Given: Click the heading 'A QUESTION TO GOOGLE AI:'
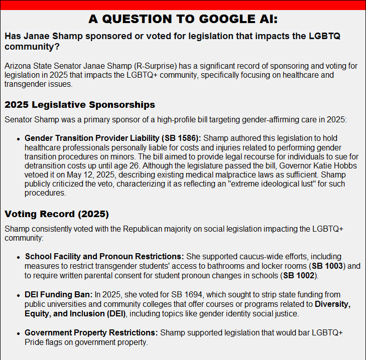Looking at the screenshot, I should pyautogui.click(x=183, y=19).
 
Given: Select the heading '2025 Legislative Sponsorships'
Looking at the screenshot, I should pyautogui.click(x=80, y=105).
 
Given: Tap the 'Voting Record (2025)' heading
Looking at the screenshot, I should pyautogui.click(x=57, y=214).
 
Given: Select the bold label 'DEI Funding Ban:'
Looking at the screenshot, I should pyautogui.click(x=58, y=295).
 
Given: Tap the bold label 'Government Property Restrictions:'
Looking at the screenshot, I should pyautogui.click(x=91, y=333).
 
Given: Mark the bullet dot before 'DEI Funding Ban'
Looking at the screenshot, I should pyautogui.click(x=19, y=296).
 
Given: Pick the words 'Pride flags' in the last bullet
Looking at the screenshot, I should pyautogui.click(x=46, y=342).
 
